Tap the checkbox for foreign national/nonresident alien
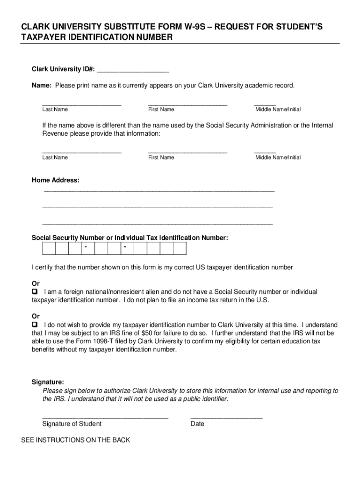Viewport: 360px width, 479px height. (35, 292)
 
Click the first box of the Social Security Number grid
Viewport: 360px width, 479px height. (49, 248)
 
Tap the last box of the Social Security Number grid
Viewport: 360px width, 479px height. (180, 248)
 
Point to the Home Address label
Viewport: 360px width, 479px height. (55, 180)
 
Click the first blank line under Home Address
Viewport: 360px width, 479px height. (159, 190)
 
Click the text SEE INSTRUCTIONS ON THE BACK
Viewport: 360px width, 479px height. (76, 440)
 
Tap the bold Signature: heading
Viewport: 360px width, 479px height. (48, 382)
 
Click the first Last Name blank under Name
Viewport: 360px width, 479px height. (82, 104)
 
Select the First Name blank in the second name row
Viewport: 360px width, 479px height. (187, 152)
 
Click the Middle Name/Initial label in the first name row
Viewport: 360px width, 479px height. (278, 109)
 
